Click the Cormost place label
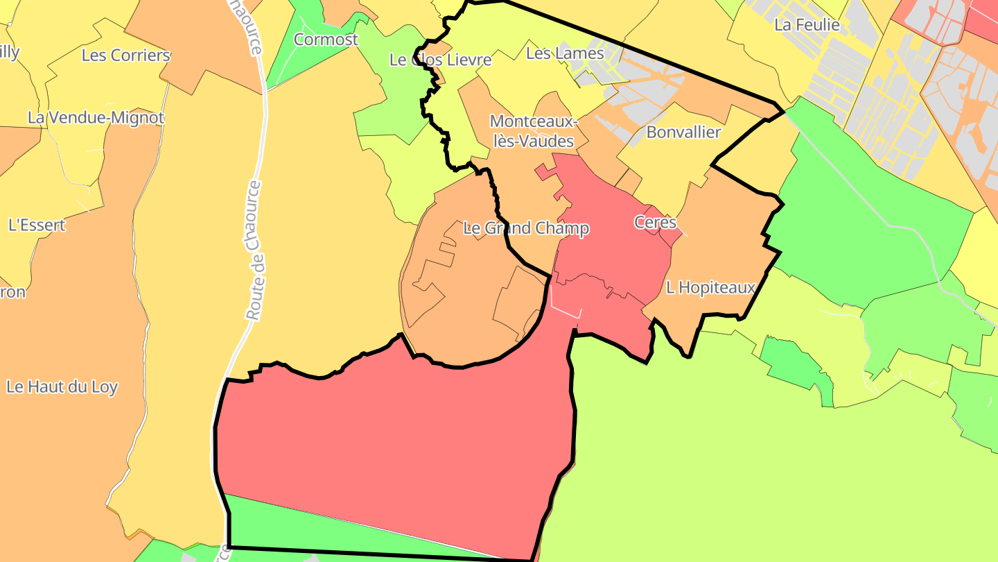point(326,40)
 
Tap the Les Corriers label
point(125,55)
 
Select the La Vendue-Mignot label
point(96,118)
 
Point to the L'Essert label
point(37,225)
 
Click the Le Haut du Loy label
point(62,386)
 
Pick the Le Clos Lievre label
point(440,60)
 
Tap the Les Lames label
point(565,53)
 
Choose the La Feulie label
point(807,25)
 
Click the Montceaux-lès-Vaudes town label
point(532,131)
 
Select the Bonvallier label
point(683,132)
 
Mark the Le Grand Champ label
point(526,228)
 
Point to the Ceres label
point(655,222)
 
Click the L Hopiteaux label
point(710,287)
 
